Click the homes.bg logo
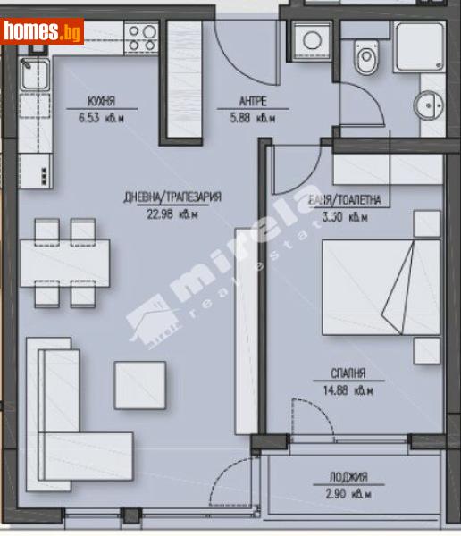point(42,31)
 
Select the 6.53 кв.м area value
point(101,116)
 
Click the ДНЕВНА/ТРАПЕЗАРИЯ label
point(172,198)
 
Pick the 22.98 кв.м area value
point(172,214)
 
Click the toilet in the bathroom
point(366,59)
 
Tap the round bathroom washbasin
point(430,103)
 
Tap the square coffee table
point(139,383)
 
